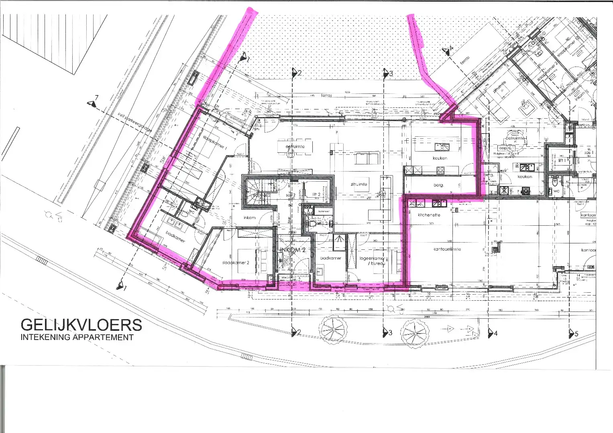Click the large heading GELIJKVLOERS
pyautogui.click(x=81, y=325)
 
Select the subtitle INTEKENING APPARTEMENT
pyautogui.click(x=77, y=337)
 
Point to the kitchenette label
pyautogui.click(x=429, y=215)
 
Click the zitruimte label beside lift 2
pyautogui.click(x=359, y=184)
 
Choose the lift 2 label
pyautogui.click(x=316, y=194)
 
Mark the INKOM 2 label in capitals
pyautogui.click(x=293, y=250)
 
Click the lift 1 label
pyautogui.click(x=562, y=160)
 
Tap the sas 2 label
pyautogui.click(x=291, y=195)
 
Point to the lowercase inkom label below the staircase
pyautogui.click(x=249, y=217)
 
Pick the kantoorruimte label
pyautogui.click(x=447, y=249)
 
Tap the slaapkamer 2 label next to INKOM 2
pyautogui.click(x=236, y=263)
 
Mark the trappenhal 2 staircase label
pyautogui.click(x=261, y=195)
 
